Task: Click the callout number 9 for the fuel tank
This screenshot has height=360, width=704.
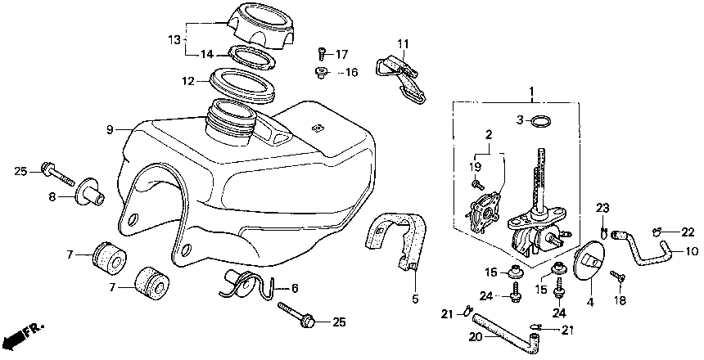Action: coord(109,129)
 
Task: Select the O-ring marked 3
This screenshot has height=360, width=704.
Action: coord(539,122)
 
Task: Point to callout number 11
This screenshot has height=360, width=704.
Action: coord(403,43)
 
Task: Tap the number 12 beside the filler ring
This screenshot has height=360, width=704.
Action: coord(188,81)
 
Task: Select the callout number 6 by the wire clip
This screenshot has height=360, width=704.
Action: coord(295,288)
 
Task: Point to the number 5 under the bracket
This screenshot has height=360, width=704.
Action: coord(415,298)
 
